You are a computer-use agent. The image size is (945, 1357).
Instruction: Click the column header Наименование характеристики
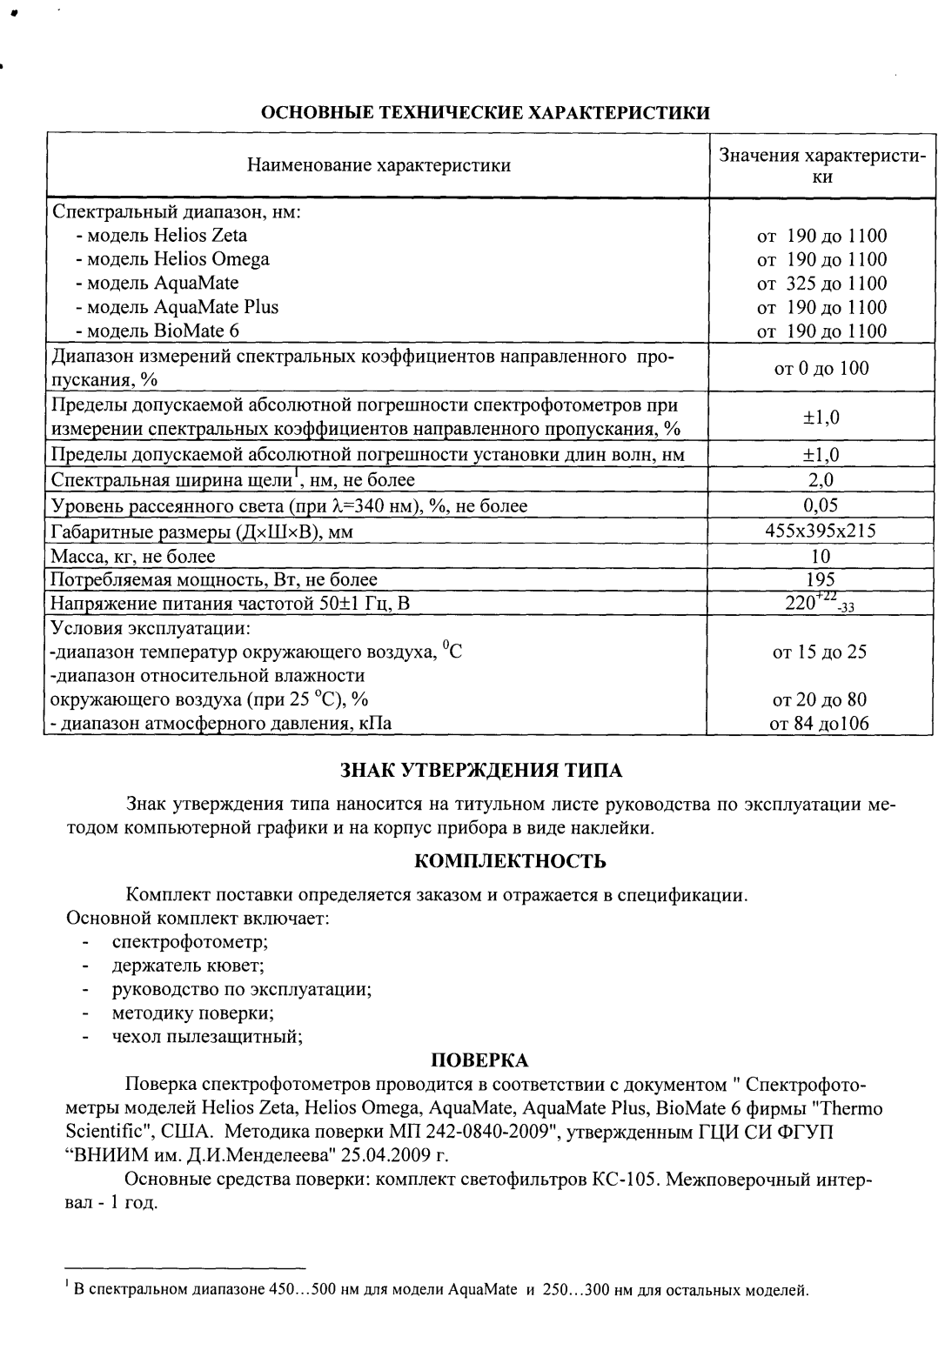click(379, 165)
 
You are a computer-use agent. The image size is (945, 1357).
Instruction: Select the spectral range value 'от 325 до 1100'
click(821, 284)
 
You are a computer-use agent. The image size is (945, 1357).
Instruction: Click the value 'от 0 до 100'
click(821, 369)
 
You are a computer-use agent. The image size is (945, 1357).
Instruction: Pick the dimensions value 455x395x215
click(821, 531)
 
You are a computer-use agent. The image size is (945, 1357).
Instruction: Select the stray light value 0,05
click(821, 505)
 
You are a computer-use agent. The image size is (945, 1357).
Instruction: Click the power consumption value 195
click(821, 579)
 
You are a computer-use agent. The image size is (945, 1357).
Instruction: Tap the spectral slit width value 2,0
click(821, 480)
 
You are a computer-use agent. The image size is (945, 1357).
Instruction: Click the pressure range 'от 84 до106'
click(821, 723)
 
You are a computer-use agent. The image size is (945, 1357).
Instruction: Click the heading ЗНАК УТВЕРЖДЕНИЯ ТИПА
click(479, 771)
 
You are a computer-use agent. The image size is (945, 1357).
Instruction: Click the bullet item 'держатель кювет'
click(187, 966)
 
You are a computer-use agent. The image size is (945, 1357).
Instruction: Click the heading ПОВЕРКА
click(479, 1060)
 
